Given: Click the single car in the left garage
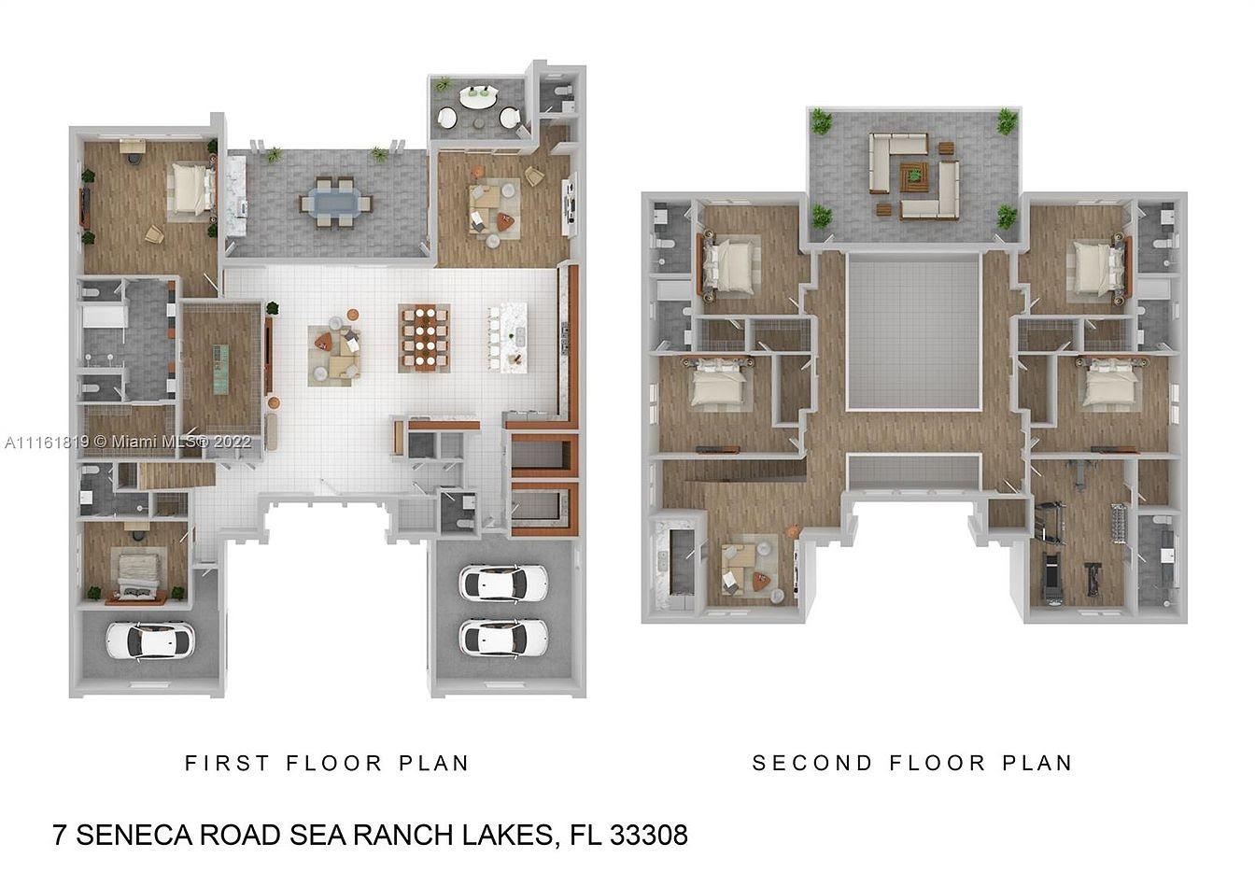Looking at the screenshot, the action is (x=150, y=640).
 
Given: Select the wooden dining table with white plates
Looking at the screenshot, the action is (x=424, y=338).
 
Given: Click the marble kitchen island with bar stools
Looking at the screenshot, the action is (x=513, y=338).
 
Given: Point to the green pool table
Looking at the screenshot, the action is (x=221, y=369).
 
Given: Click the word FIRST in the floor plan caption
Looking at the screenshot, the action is (x=228, y=763).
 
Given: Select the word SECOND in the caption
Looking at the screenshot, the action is (x=812, y=763).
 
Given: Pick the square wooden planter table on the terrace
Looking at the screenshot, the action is (x=914, y=177).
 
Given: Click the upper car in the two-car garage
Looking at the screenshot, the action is (x=503, y=583).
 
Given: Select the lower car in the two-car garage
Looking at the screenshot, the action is (x=503, y=638).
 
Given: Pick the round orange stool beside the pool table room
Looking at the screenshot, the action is (x=274, y=401).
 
